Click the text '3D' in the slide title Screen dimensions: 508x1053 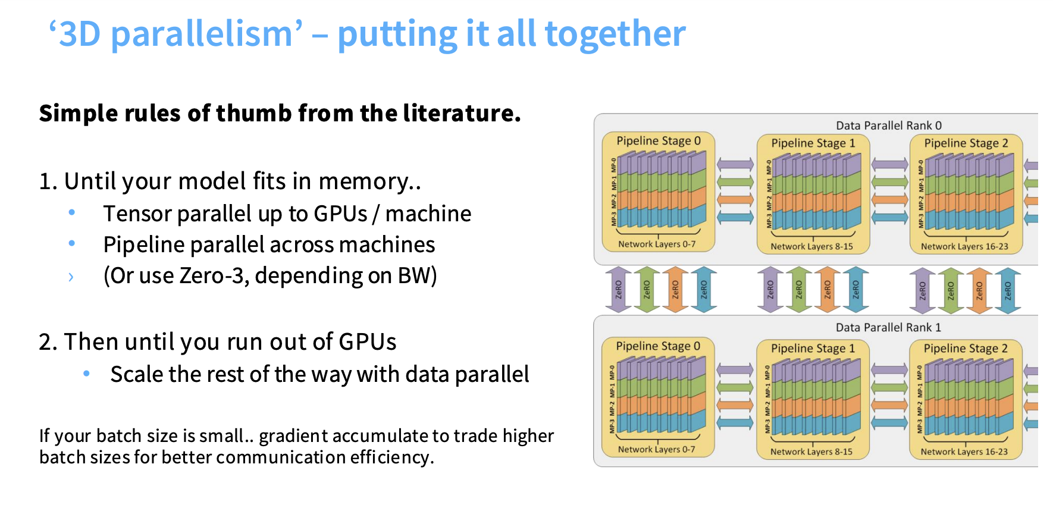pyautogui.click(x=80, y=34)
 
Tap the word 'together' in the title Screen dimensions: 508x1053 pyautogui.click(x=615, y=34)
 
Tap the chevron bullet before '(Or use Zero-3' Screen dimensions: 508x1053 pyautogui.click(x=71, y=277)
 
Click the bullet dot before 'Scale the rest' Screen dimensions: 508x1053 pyautogui.click(x=87, y=374)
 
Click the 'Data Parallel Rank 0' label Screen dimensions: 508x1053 pyautogui.click(x=889, y=126)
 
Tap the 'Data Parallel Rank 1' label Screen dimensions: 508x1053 pyautogui.click(x=888, y=327)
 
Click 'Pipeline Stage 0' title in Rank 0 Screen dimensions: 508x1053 pyautogui.click(x=659, y=141)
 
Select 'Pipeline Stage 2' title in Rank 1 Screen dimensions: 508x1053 pyautogui.click(x=966, y=348)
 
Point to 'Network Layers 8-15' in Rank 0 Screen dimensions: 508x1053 pyautogui.click(x=811, y=246)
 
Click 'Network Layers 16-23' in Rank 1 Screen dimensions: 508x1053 pyautogui.click(x=964, y=451)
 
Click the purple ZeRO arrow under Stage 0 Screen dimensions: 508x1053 pyautogui.click(x=618, y=290)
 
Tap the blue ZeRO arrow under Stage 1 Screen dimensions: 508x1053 pyautogui.click(x=855, y=290)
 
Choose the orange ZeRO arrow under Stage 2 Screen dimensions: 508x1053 pyautogui.click(x=979, y=290)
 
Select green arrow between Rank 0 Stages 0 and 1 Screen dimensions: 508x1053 pyautogui.click(x=735, y=181)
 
